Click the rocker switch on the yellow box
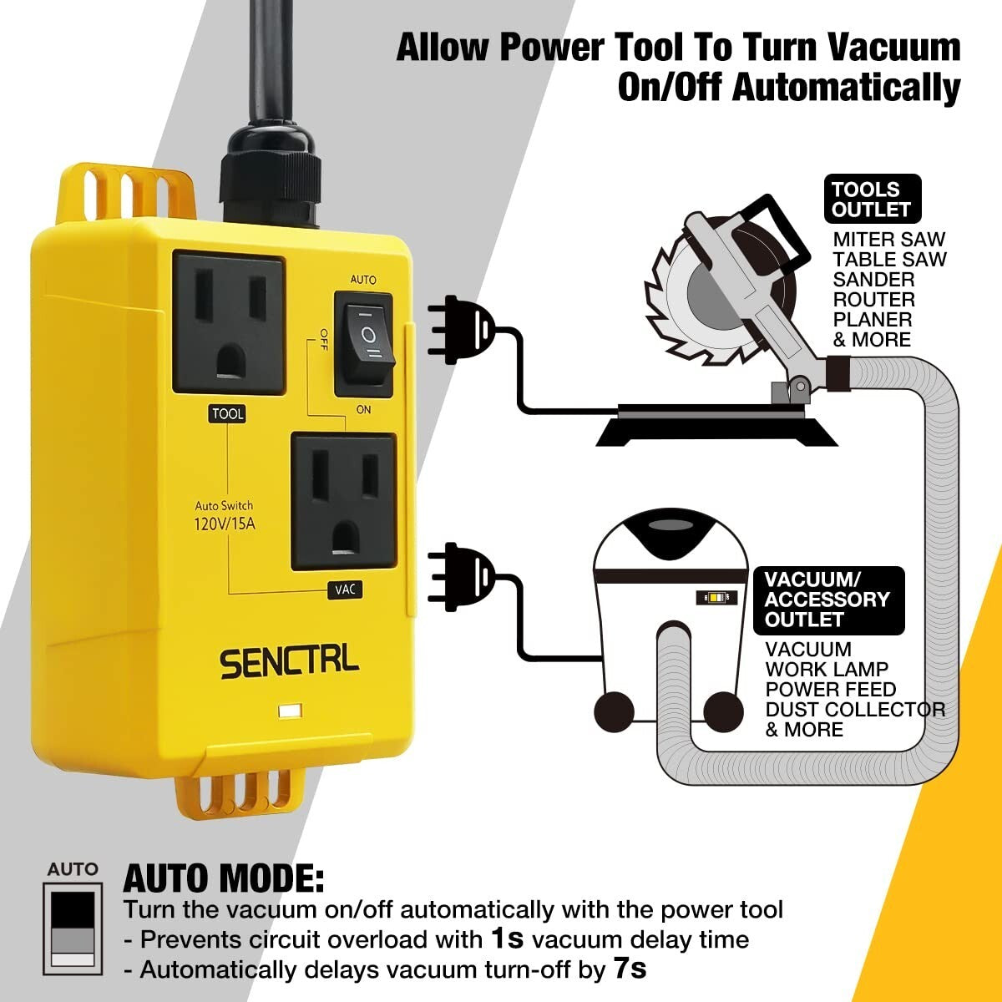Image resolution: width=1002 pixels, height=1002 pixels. pyautogui.click(x=363, y=343)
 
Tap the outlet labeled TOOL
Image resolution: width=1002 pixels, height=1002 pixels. pyautogui.click(x=228, y=322)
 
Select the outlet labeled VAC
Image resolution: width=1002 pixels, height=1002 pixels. pyautogui.click(x=343, y=501)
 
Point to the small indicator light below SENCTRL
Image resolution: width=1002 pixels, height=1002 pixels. pyautogui.click(x=291, y=712)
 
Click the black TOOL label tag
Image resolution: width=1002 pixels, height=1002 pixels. pyautogui.click(x=227, y=414)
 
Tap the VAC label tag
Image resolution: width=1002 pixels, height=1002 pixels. pyautogui.click(x=345, y=590)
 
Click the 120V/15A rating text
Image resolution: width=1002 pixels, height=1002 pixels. pyautogui.click(x=224, y=524)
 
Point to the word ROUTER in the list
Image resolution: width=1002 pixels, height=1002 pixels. pyautogui.click(x=873, y=300)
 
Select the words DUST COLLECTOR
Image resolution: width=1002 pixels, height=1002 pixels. pyautogui.click(x=855, y=710)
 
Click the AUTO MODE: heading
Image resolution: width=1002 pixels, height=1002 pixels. pyautogui.click(x=224, y=878)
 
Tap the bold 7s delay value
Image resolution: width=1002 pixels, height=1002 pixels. pyautogui.click(x=630, y=969)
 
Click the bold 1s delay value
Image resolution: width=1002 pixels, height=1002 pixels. pyautogui.click(x=507, y=939)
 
